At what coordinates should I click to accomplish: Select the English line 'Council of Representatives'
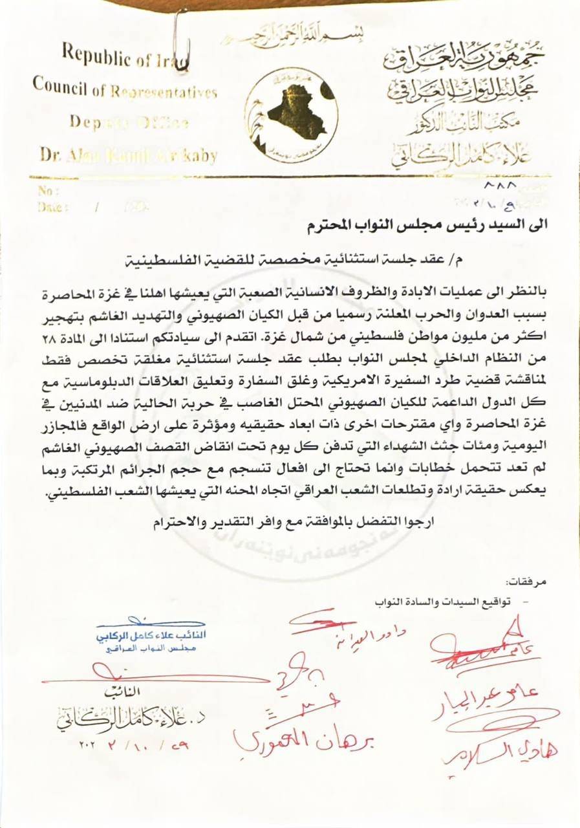pos(124,89)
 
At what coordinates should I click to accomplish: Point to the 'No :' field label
pos(49,191)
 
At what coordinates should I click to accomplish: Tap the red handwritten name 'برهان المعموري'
pos(304,740)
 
